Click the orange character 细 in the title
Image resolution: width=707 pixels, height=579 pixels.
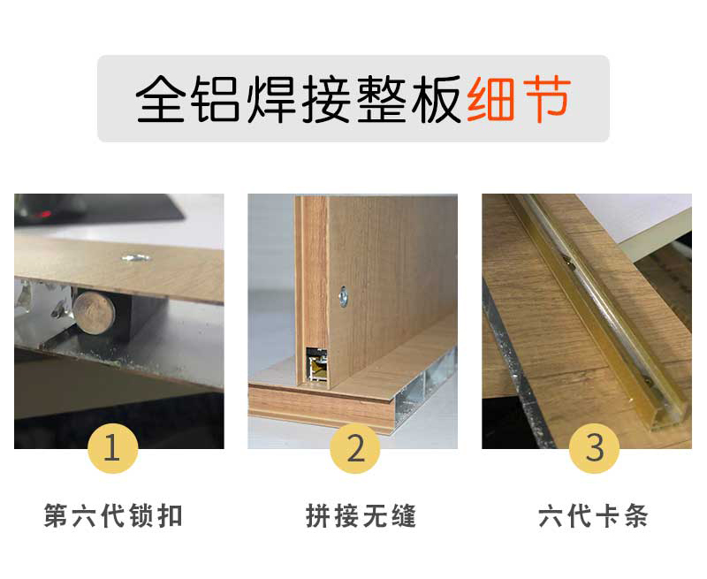click(x=490, y=99)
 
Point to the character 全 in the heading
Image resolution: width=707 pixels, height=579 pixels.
click(x=160, y=99)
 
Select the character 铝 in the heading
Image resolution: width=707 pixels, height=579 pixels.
click(x=215, y=99)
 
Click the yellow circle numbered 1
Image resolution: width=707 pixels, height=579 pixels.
click(x=112, y=448)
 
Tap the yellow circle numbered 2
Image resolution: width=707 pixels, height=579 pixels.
click(x=355, y=448)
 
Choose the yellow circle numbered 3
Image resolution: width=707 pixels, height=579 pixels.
click(x=594, y=448)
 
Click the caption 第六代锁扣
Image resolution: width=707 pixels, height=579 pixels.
click(x=113, y=516)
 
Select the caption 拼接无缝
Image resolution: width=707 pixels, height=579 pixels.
click(x=361, y=516)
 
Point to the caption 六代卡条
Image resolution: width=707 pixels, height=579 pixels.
click(x=593, y=516)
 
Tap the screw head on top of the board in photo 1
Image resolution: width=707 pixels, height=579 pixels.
click(x=136, y=258)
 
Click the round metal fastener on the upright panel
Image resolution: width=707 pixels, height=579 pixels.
click(x=344, y=296)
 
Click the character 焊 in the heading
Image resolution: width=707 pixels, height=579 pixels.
click(x=271, y=99)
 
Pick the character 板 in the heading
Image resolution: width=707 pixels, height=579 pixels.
click(x=437, y=99)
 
